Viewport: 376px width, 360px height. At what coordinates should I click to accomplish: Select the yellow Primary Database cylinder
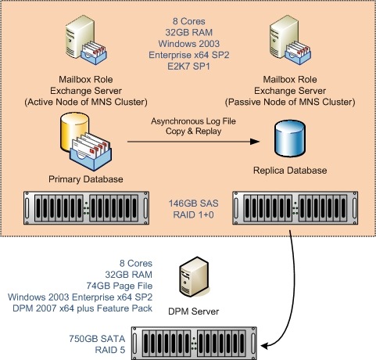(x=74, y=132)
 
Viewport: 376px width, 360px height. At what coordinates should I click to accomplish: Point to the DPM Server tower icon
(x=194, y=277)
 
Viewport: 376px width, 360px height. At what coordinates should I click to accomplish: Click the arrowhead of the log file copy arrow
(x=255, y=142)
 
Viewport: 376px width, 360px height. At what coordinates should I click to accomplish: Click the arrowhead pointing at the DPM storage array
(x=264, y=346)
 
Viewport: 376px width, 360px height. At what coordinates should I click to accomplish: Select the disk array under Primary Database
(x=86, y=208)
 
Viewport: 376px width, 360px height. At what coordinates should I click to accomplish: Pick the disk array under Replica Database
(x=295, y=208)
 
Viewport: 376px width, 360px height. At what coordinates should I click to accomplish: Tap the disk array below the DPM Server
(x=194, y=344)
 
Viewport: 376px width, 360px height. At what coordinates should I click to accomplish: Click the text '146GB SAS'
(x=193, y=203)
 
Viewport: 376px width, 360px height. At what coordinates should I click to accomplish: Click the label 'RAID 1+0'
(x=193, y=214)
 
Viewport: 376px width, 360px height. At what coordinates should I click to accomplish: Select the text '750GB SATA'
(x=97, y=339)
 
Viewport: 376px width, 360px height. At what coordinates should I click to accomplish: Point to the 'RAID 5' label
(x=110, y=350)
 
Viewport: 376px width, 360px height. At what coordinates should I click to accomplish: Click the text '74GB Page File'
(x=120, y=286)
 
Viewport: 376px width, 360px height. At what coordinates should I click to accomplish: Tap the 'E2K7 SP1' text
(x=188, y=67)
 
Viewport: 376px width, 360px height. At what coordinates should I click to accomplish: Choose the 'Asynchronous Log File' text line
(x=193, y=121)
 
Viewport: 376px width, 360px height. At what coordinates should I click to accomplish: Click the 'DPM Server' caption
(x=194, y=311)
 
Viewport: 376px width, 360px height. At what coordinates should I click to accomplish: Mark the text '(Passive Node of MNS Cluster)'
(x=290, y=102)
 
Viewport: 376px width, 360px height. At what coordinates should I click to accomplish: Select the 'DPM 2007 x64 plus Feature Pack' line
(x=82, y=308)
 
